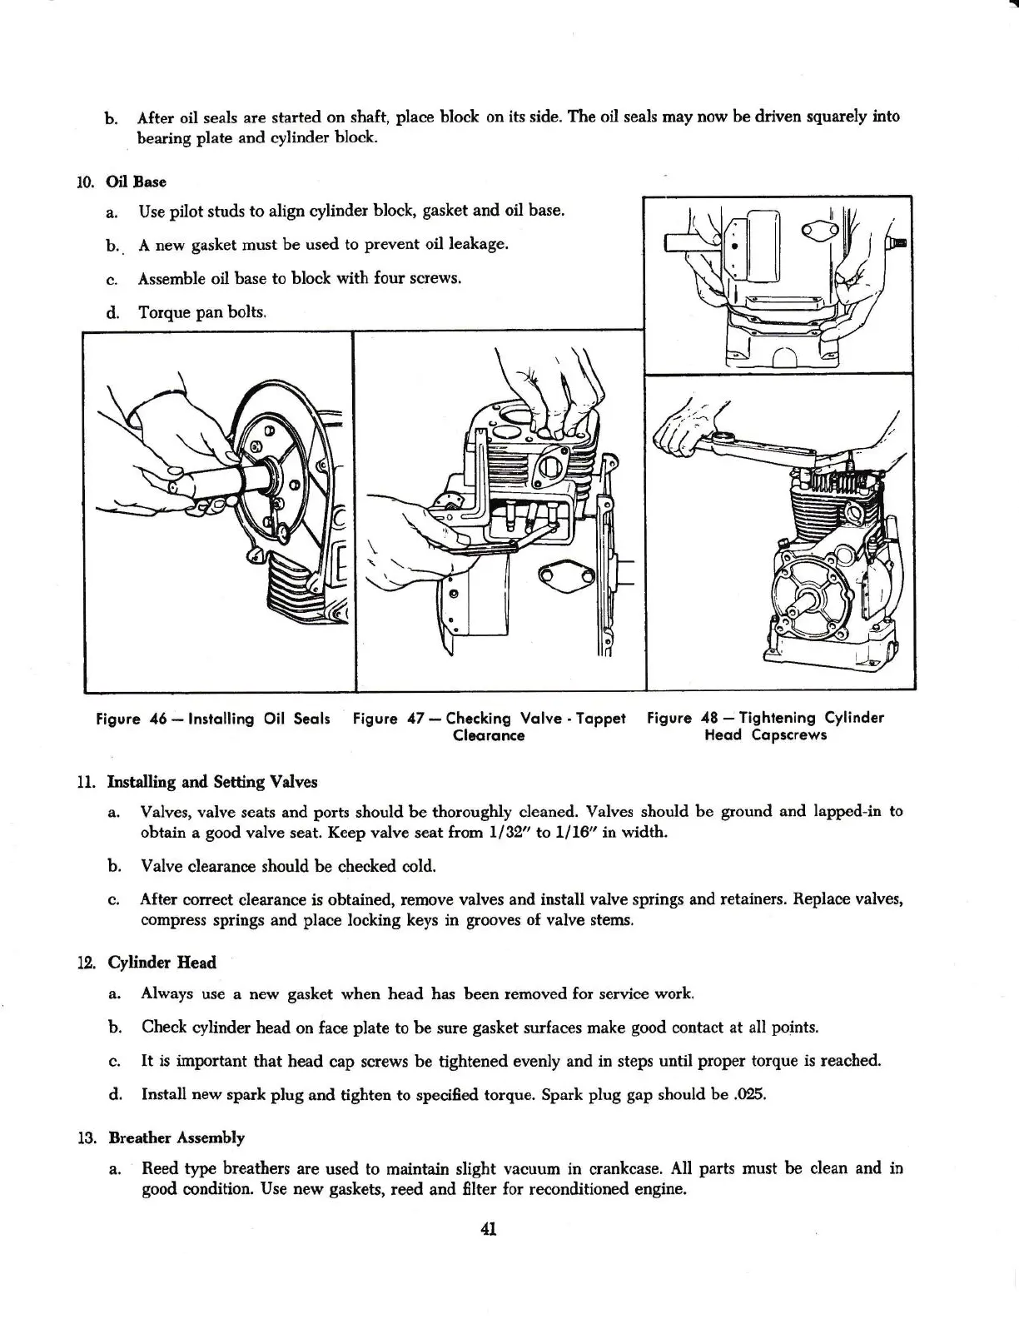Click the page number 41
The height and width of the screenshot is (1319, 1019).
489,1228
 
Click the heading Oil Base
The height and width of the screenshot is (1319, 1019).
137,182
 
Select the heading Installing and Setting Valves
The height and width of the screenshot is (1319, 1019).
212,782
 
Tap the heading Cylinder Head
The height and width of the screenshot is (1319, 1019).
162,963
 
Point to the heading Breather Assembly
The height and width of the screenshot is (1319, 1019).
176,1137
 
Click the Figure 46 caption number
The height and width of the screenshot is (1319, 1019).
159,719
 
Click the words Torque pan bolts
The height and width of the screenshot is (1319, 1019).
202,312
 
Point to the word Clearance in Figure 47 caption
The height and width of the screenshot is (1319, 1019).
489,736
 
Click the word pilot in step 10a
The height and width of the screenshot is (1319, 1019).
190,212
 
